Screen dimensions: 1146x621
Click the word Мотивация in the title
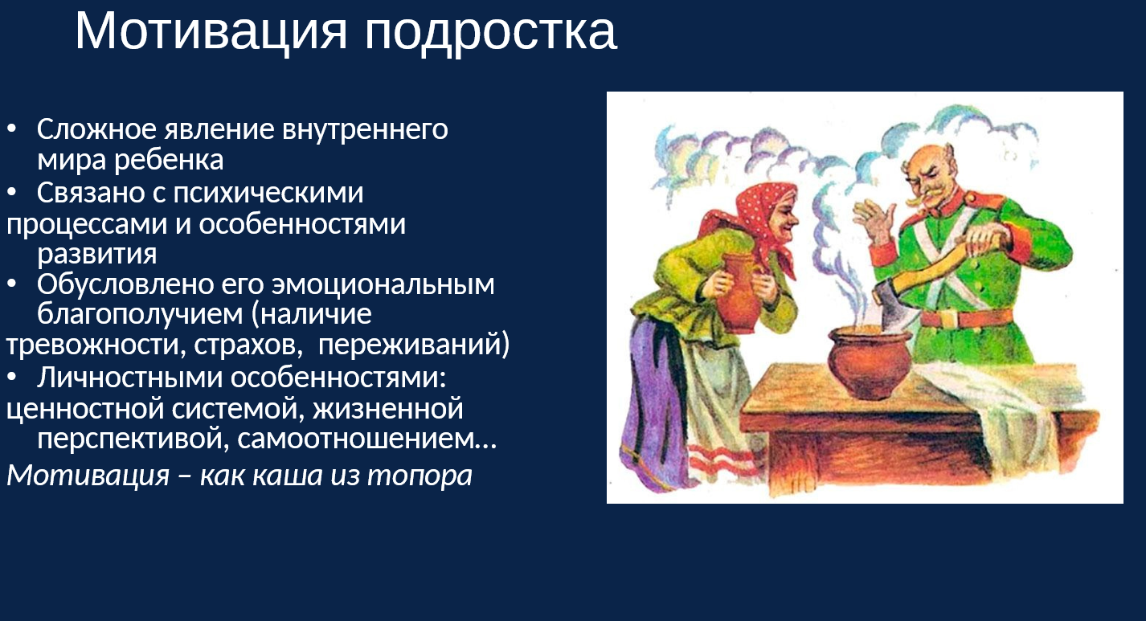pyautogui.click(x=211, y=31)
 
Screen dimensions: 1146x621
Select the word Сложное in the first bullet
pyautogui.click(x=96, y=129)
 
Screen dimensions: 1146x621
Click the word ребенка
pyautogui.click(x=169, y=160)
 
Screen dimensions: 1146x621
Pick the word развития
pyautogui.click(x=96, y=254)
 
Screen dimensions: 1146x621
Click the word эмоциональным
pyautogui.click(x=383, y=284)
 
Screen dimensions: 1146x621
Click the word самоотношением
pyautogui.click(x=366, y=439)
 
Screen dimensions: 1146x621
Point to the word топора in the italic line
pyautogui.click(x=420, y=476)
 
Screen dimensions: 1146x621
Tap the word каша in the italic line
pyautogui.click(x=288, y=476)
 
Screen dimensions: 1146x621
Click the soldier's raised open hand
pyautogui.click(x=874, y=221)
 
